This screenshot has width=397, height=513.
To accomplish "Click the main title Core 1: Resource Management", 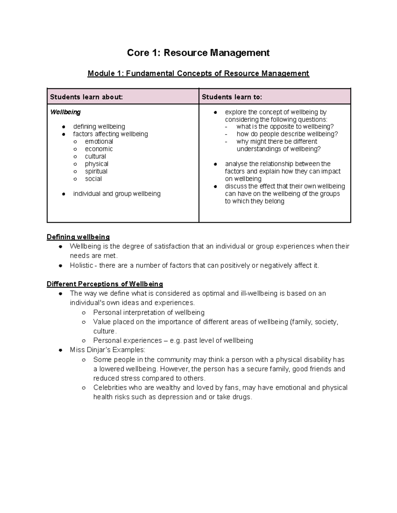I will pos(198,53).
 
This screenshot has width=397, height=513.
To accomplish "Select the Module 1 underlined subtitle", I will pos(198,73).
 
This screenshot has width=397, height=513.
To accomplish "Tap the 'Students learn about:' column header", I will pos(86,97).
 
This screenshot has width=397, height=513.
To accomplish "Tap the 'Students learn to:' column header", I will pos(232,97).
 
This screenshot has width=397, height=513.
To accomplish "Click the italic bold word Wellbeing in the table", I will pos(65,112).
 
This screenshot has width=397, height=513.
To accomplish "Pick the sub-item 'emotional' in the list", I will pos(99,141).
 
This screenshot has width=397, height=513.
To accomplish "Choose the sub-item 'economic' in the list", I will pos(99,149).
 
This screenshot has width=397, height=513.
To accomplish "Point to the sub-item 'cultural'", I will pos(95,156).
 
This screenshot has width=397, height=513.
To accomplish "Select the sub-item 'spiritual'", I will pos(96,171).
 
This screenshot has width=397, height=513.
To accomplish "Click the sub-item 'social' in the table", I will pos(93,179).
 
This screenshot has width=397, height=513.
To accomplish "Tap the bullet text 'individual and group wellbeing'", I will pos(117,194).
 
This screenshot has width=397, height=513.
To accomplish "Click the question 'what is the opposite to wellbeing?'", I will pos(285,127).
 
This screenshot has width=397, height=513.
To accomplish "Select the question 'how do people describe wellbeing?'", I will pos(287,134).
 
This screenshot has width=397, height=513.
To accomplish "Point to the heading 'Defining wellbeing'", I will pos(78,237).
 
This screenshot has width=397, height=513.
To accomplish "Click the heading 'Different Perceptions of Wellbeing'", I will pos(105,284).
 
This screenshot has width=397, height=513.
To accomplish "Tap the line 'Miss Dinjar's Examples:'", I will pos(108,350).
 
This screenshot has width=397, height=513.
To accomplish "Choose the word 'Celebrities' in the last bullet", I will pos(110,387).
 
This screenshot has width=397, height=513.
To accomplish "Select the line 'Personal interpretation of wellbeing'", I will pos(149,312).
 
